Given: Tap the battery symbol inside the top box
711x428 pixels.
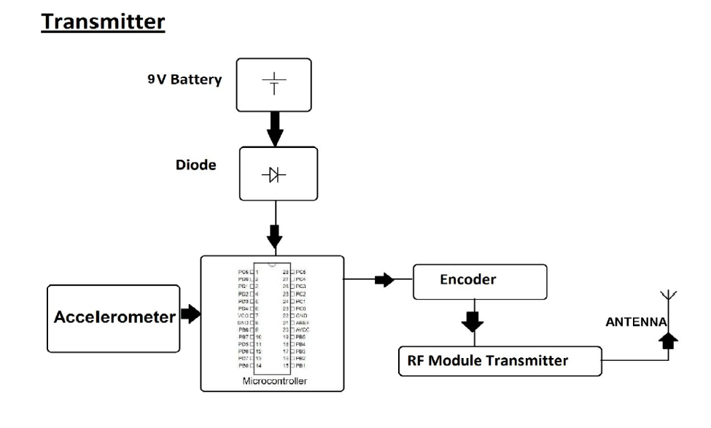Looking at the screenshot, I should click(274, 85).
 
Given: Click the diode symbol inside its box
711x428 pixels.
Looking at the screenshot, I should click(275, 175).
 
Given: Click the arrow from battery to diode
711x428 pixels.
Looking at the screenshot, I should click(275, 128).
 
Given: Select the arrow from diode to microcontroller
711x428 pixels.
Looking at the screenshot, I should click(275, 235).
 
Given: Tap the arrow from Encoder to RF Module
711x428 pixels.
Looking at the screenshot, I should click(474, 320).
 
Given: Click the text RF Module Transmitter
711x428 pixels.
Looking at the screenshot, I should click(487, 360).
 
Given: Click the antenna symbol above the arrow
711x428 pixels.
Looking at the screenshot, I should click(664, 298).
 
